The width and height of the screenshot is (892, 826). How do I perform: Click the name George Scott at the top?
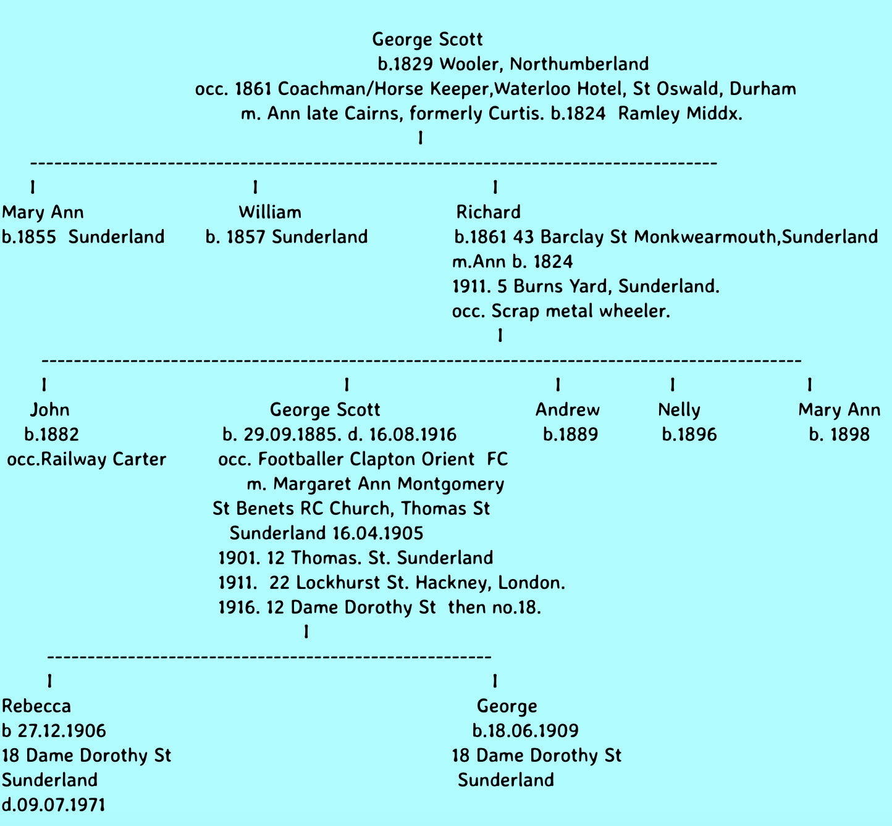pos(427,40)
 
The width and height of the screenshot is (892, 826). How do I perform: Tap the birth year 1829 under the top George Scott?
pos(414,64)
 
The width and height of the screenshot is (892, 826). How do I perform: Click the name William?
pos(270,212)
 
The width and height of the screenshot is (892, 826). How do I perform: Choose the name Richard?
pos(488,212)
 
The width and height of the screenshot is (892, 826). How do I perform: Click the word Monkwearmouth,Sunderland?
pos(756,237)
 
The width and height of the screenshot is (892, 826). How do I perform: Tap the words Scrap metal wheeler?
pos(580,311)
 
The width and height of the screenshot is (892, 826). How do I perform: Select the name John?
pos(50,410)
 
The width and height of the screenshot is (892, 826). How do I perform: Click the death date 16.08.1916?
pos(413,435)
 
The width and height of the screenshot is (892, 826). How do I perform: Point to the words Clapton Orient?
pos(412,459)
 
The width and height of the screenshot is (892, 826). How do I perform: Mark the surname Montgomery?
pos(450,485)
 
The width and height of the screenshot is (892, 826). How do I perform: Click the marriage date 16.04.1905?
pos(377,533)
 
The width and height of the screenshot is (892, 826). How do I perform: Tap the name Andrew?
pos(567,410)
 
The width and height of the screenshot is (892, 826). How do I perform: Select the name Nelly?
pos(679,411)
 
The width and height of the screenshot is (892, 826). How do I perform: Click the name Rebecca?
pos(36,706)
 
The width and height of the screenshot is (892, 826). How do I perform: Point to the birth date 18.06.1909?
pos(531,731)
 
